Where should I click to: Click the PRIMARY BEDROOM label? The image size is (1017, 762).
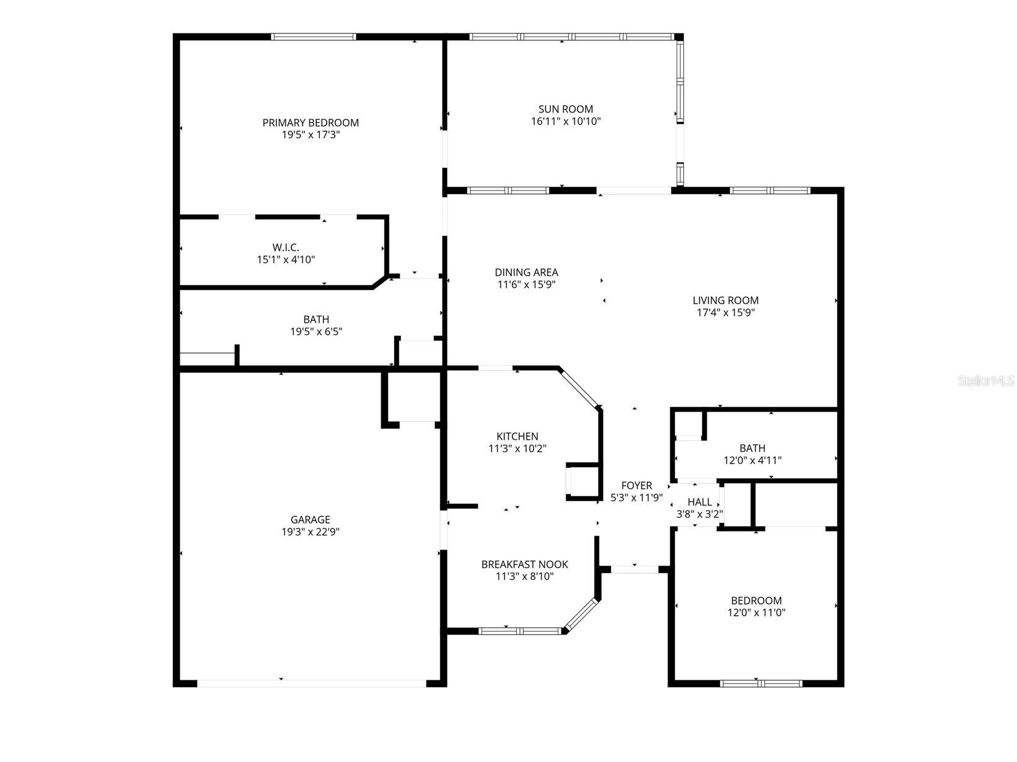pyautogui.click(x=310, y=123)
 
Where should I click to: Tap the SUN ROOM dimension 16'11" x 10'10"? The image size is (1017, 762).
pyautogui.click(x=565, y=121)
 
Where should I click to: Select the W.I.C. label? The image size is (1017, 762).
pyautogui.click(x=286, y=248)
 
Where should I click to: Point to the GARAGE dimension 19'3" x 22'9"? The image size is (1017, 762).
pyautogui.click(x=310, y=532)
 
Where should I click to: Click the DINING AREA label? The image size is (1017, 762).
pyautogui.click(x=526, y=272)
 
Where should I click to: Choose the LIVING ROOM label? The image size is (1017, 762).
pyautogui.click(x=725, y=300)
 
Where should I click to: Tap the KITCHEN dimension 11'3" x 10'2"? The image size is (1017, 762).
pyautogui.click(x=517, y=449)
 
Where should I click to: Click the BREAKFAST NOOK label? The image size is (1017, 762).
pyautogui.click(x=524, y=564)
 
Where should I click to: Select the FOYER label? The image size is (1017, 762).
pyautogui.click(x=636, y=486)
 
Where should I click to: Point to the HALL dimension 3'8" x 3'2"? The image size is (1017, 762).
pyautogui.click(x=699, y=514)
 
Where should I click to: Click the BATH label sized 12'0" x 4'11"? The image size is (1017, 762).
pyautogui.click(x=752, y=448)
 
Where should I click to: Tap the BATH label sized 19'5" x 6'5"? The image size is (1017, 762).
pyautogui.click(x=316, y=320)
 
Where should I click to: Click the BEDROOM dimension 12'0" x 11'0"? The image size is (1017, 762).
pyautogui.click(x=756, y=613)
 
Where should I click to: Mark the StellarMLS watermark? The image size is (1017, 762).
pyautogui.click(x=986, y=381)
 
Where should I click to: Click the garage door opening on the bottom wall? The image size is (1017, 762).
pyautogui.click(x=311, y=683)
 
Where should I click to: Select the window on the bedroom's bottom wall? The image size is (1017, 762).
pyautogui.click(x=761, y=684)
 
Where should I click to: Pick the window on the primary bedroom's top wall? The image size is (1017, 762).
pyautogui.click(x=314, y=37)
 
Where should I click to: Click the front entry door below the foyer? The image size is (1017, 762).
pyautogui.click(x=635, y=569)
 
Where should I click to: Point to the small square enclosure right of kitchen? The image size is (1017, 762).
pyautogui.click(x=582, y=481)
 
